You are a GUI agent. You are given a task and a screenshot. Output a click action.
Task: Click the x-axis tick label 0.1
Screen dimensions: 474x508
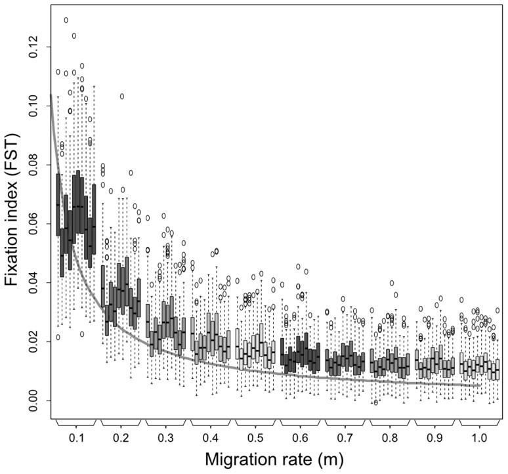(x=76, y=435)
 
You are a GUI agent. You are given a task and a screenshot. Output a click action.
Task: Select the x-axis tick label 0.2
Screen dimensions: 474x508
(x=121, y=435)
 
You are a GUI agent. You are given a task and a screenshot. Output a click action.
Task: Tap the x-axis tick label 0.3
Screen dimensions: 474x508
(x=166, y=435)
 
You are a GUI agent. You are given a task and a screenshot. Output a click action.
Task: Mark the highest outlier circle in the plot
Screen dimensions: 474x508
(x=66, y=20)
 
